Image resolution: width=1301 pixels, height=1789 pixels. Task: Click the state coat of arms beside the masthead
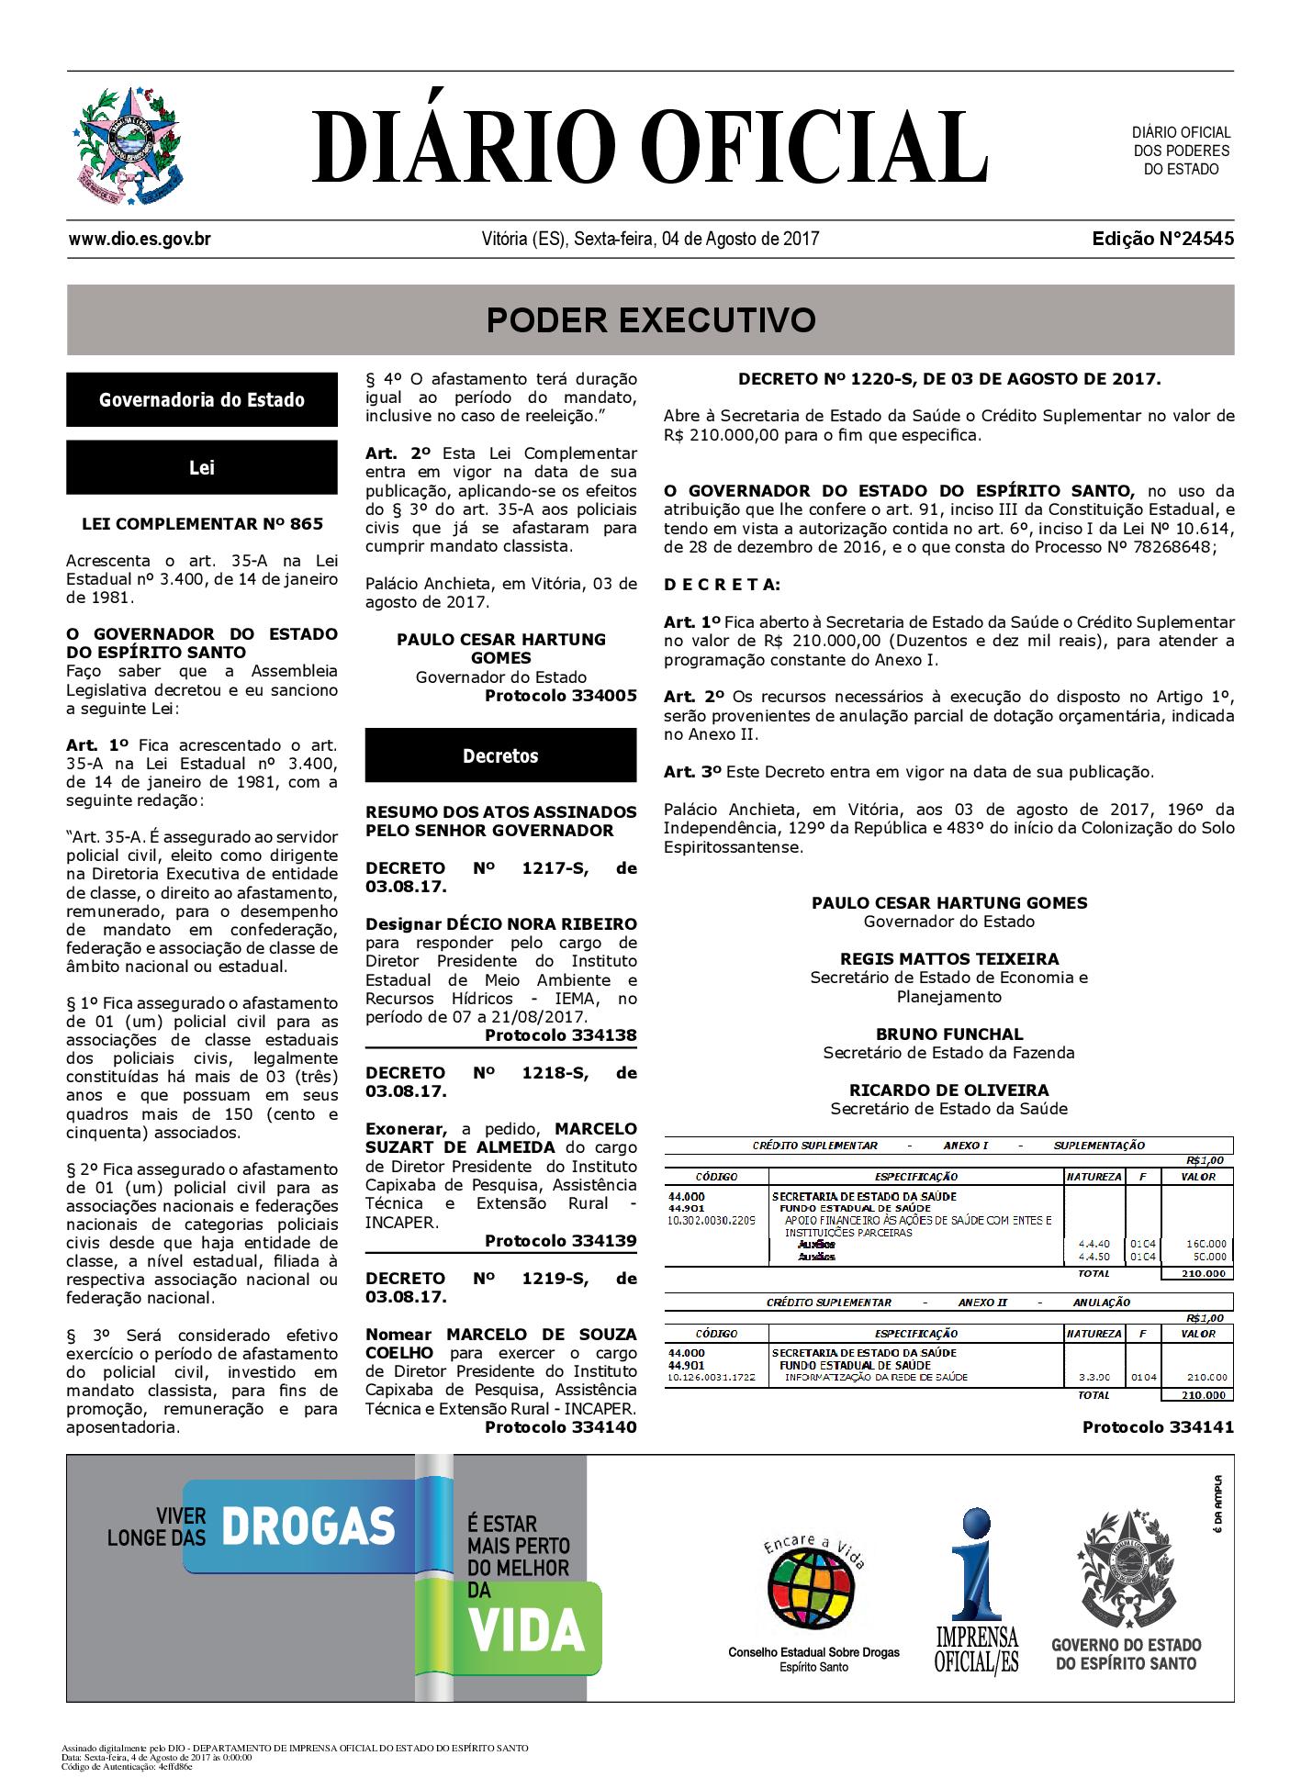[x=128, y=147]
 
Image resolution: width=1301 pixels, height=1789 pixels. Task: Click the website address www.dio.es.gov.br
[x=140, y=240]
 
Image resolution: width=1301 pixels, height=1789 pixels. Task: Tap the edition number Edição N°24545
[x=1162, y=240]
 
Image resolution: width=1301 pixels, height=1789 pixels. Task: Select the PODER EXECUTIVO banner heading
[x=650, y=320]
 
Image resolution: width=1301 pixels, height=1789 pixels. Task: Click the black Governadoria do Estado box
[x=202, y=400]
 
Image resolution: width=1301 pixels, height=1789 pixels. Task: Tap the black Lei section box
[x=202, y=468]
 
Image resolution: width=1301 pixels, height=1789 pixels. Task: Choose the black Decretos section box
[x=500, y=756]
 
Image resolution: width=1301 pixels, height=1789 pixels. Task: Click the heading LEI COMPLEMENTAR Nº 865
[x=202, y=524]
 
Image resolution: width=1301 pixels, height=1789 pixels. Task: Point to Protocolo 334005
[x=560, y=696]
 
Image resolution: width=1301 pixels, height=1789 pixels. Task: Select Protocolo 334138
[x=560, y=1035]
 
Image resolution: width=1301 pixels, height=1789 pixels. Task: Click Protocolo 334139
[x=560, y=1241]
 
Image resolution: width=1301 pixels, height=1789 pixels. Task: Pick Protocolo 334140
[x=560, y=1427]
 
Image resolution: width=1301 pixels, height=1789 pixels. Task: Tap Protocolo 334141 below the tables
[x=1158, y=1427]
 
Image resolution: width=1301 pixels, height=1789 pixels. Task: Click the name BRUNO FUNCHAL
[x=948, y=1034]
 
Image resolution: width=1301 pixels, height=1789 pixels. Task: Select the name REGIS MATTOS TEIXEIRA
[x=948, y=958]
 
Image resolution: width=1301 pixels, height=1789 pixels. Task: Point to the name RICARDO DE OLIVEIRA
[x=948, y=1090]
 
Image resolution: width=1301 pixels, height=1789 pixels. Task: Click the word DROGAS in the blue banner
[x=308, y=1526]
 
